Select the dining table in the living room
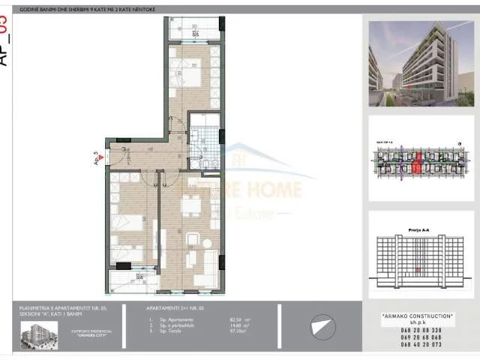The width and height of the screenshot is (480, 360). [x=191, y=205]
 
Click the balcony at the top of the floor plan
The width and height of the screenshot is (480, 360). [x=194, y=29]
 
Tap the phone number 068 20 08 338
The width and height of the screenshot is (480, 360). [x=411, y=329]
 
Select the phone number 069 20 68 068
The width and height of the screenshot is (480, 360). [x=411, y=337]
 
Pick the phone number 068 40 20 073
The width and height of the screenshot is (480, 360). [x=411, y=346]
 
